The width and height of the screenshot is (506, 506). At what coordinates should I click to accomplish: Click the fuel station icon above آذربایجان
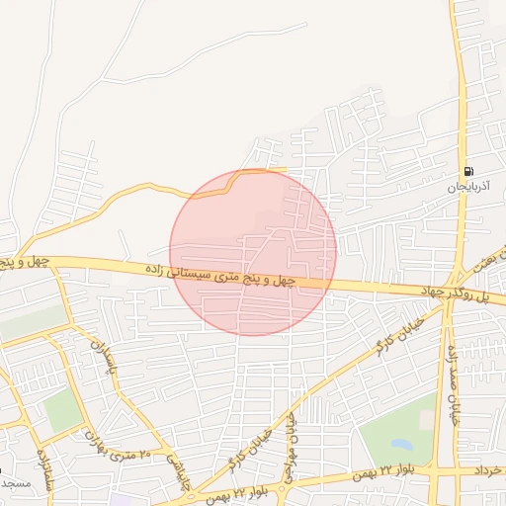pyautogui.click(x=467, y=171)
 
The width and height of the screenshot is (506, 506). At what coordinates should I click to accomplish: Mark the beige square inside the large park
pyautogui.click(x=426, y=419)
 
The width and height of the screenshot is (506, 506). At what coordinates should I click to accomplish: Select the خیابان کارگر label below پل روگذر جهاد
pyautogui.click(x=395, y=332)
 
